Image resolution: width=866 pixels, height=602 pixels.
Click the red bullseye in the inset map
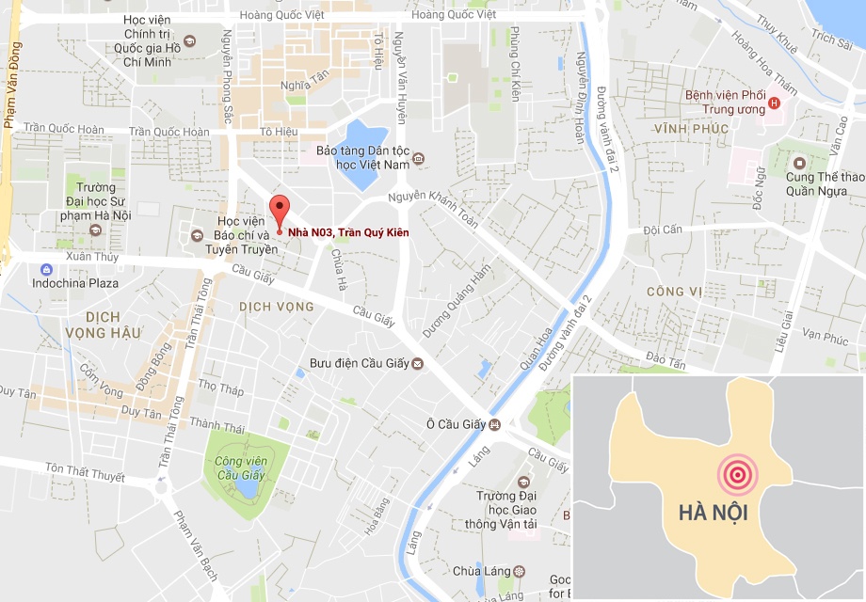click(x=738, y=475)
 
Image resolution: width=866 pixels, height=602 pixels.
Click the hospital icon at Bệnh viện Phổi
click(x=774, y=103)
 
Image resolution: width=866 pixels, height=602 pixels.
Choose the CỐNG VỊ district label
click(x=673, y=293)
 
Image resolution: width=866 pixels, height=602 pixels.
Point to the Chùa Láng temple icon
click(x=520, y=571)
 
